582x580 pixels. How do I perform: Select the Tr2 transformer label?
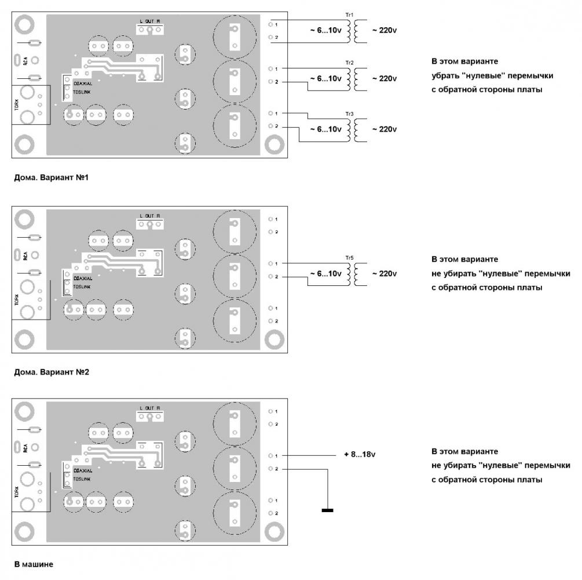pyautogui.click(x=349, y=61)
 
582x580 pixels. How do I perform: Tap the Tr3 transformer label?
pyautogui.click(x=349, y=111)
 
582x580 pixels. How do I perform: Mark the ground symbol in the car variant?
pyautogui.click(x=327, y=510)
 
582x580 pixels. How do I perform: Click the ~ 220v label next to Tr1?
pyautogui.click(x=384, y=29)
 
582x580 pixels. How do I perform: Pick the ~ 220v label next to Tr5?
pyautogui.click(x=384, y=273)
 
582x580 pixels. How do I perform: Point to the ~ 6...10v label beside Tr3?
pyautogui.click(x=325, y=129)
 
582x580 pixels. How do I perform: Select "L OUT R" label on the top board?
pyautogui.click(x=149, y=21)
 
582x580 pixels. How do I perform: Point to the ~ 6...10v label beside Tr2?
pyautogui.click(x=325, y=78)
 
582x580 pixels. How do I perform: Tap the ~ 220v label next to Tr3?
pyautogui.click(x=384, y=129)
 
